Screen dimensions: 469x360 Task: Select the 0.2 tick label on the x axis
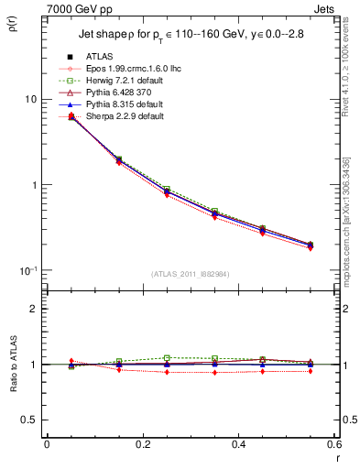(142, 444)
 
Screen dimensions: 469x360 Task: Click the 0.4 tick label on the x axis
(238, 444)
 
